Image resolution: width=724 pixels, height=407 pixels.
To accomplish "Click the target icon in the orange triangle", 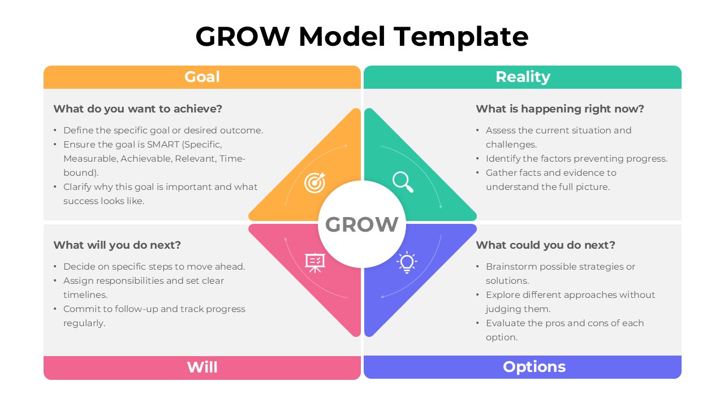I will [x=314, y=183].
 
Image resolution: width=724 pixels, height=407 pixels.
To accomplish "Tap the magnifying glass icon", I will [x=403, y=182].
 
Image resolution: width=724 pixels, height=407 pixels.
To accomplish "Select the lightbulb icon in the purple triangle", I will [x=407, y=263].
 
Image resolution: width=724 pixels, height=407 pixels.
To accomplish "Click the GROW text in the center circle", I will [x=362, y=225].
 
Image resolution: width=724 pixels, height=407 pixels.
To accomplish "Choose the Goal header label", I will [x=202, y=77].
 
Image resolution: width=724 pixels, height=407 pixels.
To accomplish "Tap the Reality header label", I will [x=523, y=77].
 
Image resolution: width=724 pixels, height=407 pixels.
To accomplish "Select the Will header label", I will [x=202, y=367].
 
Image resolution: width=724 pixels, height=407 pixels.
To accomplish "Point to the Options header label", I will [x=534, y=367].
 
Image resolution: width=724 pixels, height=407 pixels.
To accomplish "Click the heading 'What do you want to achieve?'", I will [x=137, y=109].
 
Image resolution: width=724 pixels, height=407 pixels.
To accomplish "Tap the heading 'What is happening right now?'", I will [x=559, y=109].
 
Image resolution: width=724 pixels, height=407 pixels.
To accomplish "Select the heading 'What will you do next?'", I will [x=117, y=245].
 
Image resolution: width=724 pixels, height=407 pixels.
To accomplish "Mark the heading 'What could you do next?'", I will [x=545, y=245].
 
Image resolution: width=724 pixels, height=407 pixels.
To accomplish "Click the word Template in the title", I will [x=461, y=37].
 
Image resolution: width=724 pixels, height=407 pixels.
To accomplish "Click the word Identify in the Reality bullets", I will [x=503, y=158].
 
